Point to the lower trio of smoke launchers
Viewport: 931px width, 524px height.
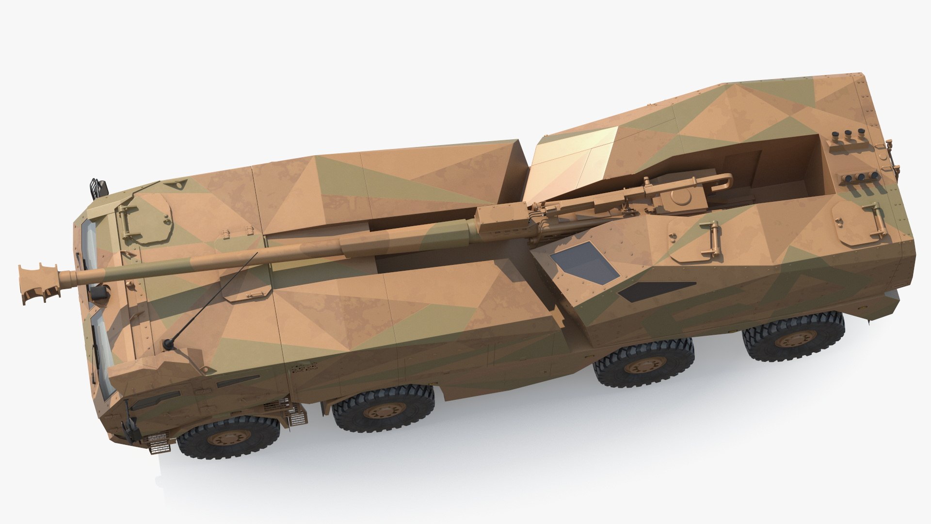click(x=861, y=178)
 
